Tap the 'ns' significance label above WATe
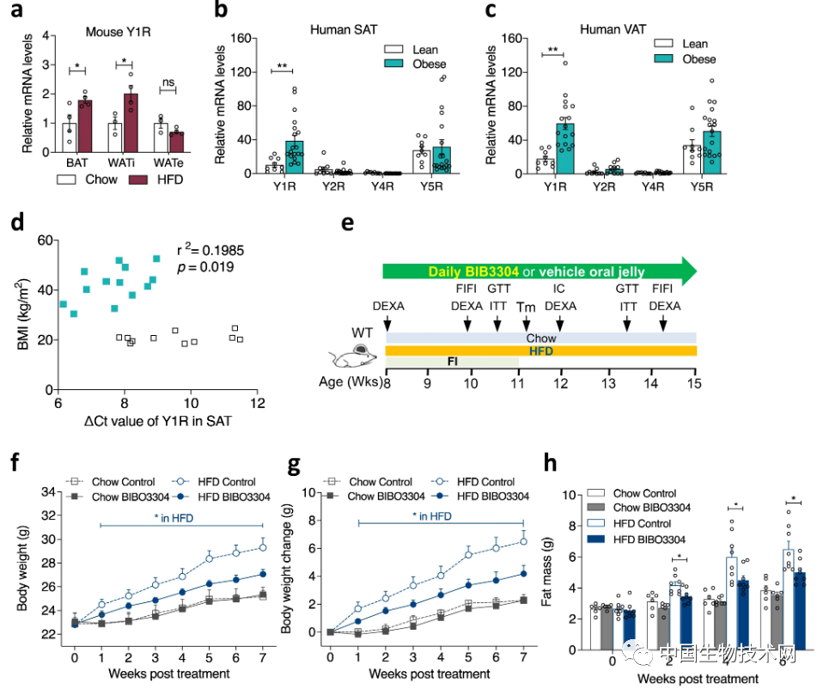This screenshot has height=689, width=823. (168, 84)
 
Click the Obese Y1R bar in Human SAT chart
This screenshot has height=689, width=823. (295, 157)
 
